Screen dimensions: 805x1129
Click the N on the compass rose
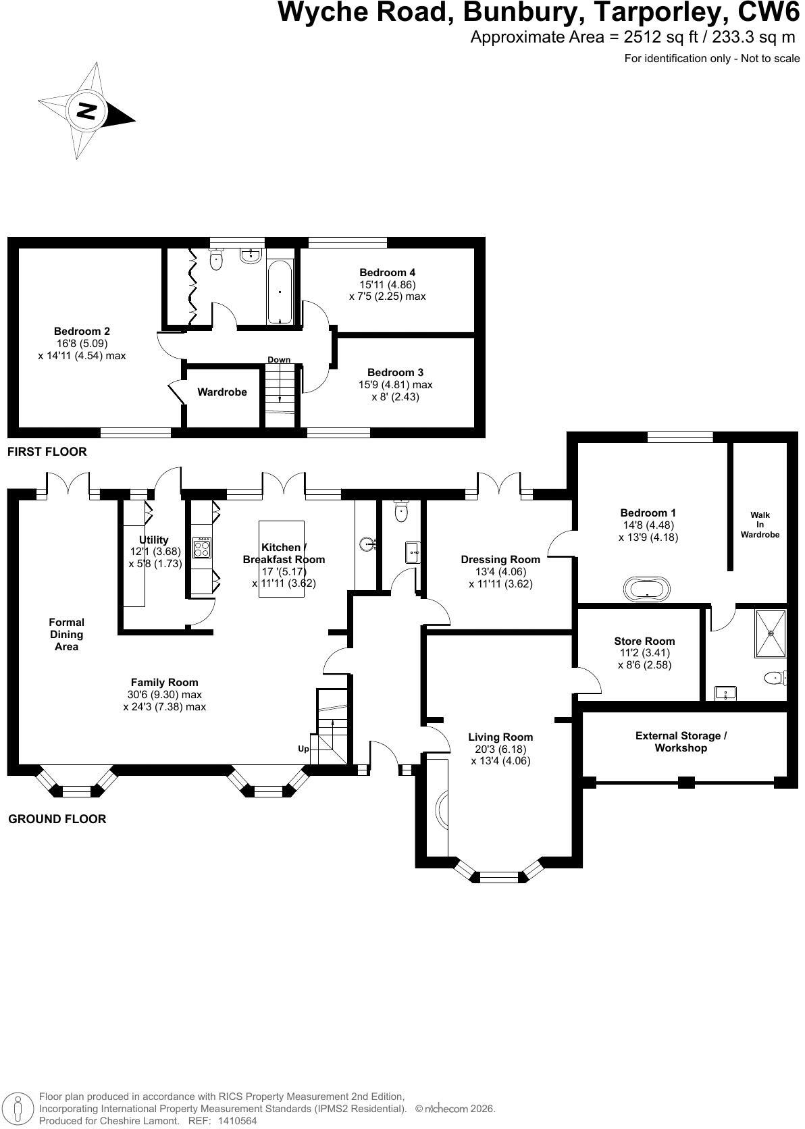(86, 110)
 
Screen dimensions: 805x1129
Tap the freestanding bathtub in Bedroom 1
(647, 589)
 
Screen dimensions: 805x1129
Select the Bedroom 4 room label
(387, 273)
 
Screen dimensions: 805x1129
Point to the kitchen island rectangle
(281, 559)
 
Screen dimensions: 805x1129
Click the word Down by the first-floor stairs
(279, 359)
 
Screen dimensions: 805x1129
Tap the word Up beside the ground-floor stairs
(303, 748)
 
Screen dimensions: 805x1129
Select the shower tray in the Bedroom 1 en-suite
(770, 633)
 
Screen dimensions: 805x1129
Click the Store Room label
(644, 641)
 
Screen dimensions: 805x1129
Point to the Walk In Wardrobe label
(760, 525)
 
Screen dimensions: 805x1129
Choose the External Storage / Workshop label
(681, 742)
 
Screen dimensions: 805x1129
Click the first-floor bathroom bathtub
(280, 292)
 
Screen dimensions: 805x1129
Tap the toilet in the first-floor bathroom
(216, 259)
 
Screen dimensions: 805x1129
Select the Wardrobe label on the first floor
(222, 392)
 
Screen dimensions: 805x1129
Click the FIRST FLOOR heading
(47, 452)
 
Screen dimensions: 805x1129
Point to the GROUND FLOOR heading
(57, 819)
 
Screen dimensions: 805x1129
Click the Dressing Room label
(500, 560)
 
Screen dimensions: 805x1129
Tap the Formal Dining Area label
(67, 635)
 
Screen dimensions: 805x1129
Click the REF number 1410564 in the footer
(238, 1121)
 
